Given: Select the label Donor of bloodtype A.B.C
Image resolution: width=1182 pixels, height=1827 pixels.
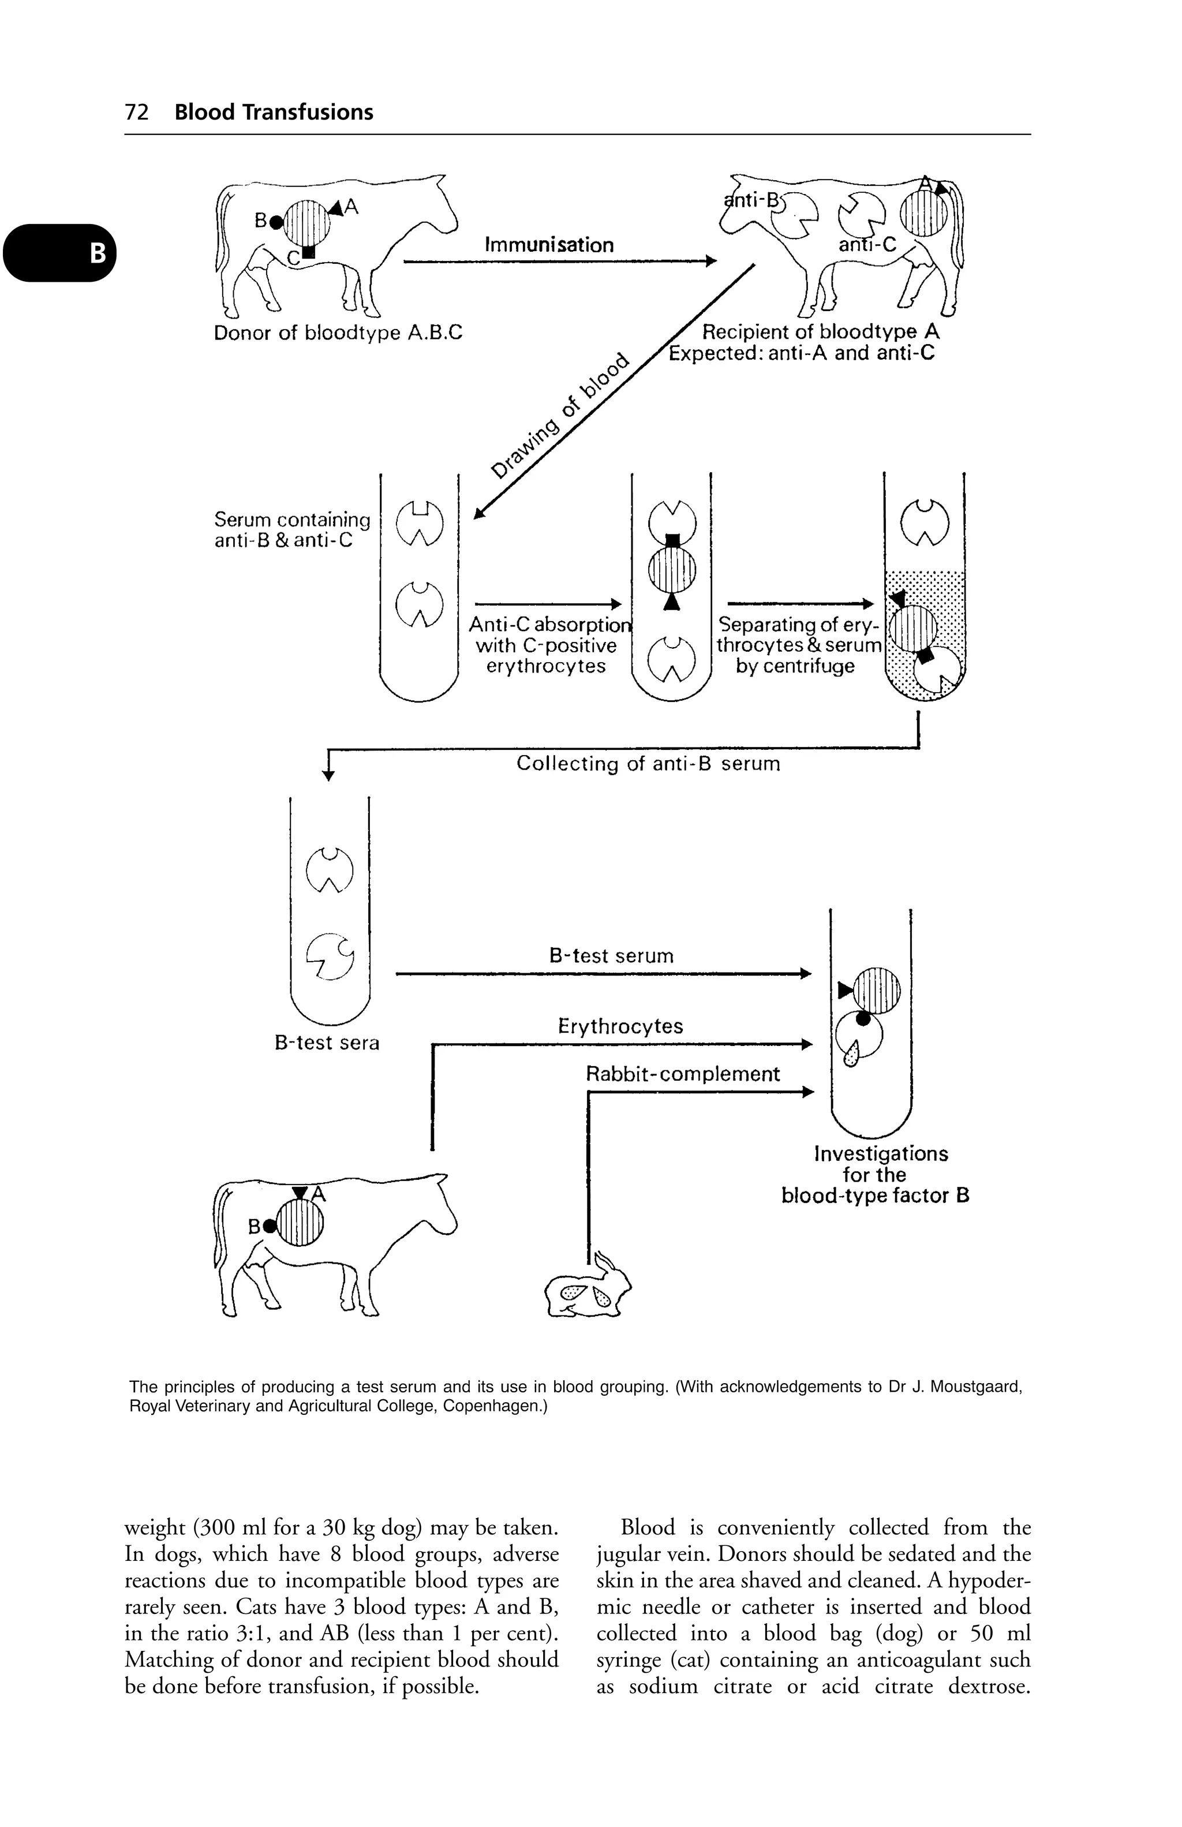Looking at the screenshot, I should (338, 333).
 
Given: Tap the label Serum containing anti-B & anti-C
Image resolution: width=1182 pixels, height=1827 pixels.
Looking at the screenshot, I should (291, 530).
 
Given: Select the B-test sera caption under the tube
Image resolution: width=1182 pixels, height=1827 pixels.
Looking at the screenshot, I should (327, 1043).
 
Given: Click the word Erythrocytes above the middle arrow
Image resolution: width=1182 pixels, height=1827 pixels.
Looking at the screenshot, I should (620, 1026).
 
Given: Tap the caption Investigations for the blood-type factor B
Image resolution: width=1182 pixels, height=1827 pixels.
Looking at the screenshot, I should (875, 1175).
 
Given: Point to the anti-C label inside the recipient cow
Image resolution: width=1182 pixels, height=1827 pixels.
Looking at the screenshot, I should (867, 245).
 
